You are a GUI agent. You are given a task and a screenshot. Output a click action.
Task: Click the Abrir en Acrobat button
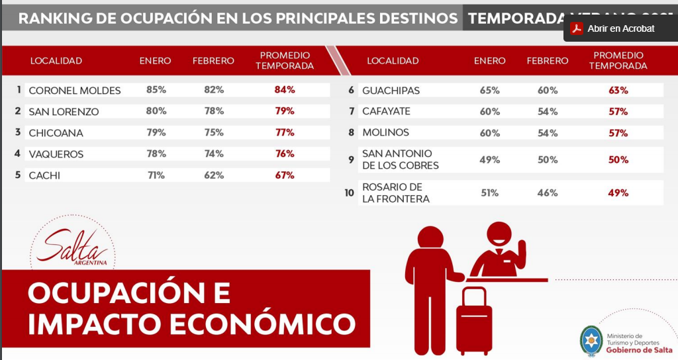tap(614, 28)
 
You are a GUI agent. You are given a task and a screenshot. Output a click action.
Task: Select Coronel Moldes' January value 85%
tap(156, 90)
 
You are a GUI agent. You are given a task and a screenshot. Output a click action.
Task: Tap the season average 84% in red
tap(285, 90)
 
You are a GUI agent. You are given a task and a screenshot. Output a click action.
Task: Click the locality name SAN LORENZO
tap(64, 112)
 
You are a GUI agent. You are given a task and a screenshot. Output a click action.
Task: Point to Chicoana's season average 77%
tap(285, 133)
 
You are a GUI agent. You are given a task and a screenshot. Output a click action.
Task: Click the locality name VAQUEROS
tap(56, 154)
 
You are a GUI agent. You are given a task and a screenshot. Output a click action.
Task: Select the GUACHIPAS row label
tap(391, 91)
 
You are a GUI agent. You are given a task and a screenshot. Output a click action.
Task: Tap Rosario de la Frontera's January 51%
tap(490, 193)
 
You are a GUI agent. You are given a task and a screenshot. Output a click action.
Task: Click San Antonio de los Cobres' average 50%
tap(618, 159)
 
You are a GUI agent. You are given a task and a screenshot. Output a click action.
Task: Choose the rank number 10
tap(349, 193)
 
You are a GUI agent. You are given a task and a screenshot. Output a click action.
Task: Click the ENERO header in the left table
tap(155, 61)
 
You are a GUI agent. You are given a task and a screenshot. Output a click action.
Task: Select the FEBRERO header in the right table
tap(548, 61)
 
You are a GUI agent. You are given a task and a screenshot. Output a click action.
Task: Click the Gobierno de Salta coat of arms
tap(591, 339)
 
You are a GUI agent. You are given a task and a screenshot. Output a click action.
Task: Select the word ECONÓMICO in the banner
tap(260, 324)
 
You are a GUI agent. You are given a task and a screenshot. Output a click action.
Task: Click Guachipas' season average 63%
tap(618, 91)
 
